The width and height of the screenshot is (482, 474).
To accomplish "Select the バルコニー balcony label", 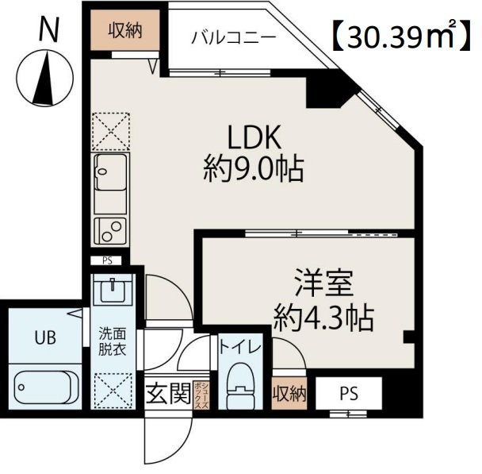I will pyautogui.click(x=233, y=37).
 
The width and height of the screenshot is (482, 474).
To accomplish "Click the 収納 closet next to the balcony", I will pyautogui.click(x=125, y=33).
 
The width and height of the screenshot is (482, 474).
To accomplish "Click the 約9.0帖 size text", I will pyautogui.click(x=253, y=168).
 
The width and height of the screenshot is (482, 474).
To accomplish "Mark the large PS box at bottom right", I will pyautogui.click(x=349, y=393).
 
